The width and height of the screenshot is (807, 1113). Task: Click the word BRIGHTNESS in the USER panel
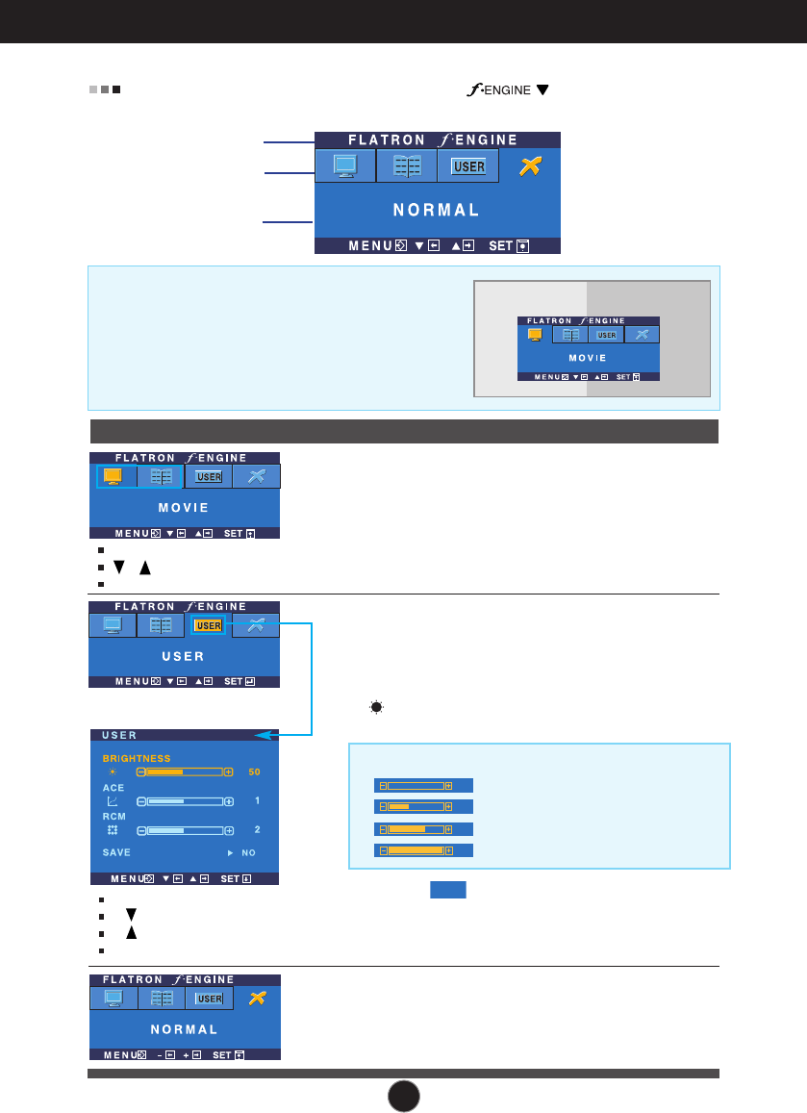tap(137, 758)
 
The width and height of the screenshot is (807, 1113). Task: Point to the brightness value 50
tap(254, 772)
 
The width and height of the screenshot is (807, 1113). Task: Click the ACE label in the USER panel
tap(113, 787)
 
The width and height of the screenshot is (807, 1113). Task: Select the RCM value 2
tap(255, 829)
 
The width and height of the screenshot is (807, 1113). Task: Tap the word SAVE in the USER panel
tap(116, 852)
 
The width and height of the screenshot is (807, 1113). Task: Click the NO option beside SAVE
tap(248, 852)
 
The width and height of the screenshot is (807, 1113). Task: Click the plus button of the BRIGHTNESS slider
tap(228, 772)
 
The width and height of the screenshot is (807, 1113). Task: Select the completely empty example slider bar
tap(422, 785)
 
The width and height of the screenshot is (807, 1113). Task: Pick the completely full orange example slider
tap(422, 850)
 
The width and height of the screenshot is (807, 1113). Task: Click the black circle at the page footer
tap(405, 1095)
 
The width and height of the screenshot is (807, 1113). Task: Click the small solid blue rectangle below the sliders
tap(447, 890)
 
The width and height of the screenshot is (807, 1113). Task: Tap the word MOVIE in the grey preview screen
tap(587, 358)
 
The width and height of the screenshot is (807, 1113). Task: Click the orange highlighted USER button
tap(208, 625)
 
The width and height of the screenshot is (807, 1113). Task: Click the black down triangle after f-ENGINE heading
tap(542, 90)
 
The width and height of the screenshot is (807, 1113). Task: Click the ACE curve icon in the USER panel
tap(113, 800)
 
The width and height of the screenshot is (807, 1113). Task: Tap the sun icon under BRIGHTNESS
tap(113, 772)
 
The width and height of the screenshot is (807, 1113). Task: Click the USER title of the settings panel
tap(119, 736)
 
